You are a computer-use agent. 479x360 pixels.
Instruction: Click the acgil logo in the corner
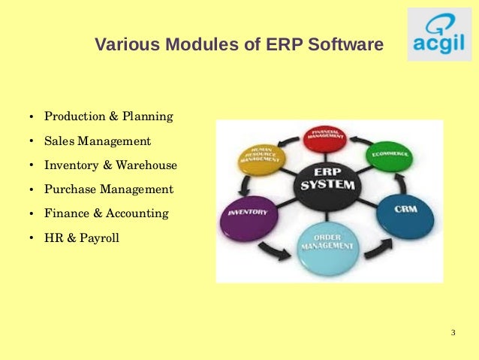tap(439, 35)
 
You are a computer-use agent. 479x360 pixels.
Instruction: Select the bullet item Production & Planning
tap(109, 116)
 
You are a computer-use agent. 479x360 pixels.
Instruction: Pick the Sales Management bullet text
tap(98, 141)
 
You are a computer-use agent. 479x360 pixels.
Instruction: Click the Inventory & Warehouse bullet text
tap(111, 165)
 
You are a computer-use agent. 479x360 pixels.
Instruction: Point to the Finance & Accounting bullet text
tap(107, 213)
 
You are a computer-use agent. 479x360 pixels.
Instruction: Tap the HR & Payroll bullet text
tap(82, 238)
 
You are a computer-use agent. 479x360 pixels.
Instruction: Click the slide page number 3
tap(453, 333)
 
